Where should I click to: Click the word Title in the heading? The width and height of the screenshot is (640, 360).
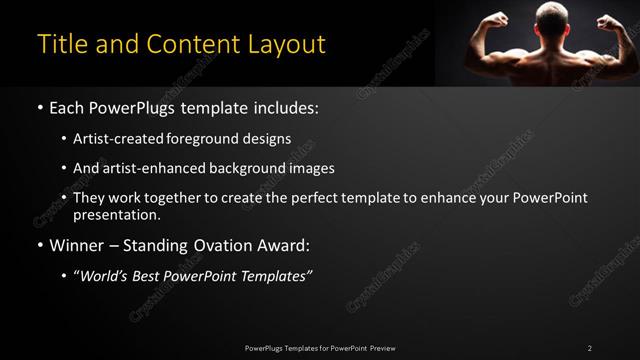pyautogui.click(x=59, y=45)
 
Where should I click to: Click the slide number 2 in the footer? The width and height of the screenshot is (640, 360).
pyautogui.click(x=590, y=347)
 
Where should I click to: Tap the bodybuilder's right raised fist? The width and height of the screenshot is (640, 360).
pyautogui.click(x=609, y=21)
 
